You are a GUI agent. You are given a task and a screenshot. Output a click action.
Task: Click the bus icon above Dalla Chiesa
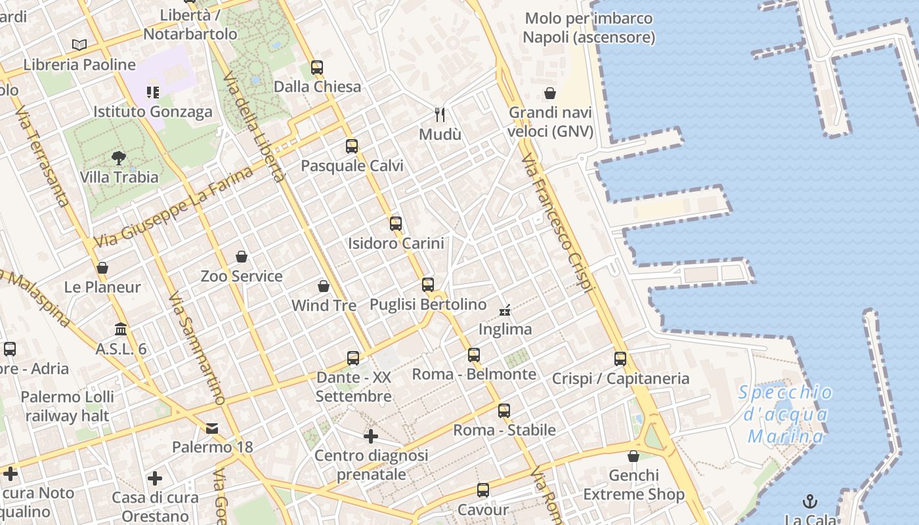tap(317, 67)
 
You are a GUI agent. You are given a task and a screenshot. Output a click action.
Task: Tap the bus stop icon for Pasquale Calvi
tap(352, 146)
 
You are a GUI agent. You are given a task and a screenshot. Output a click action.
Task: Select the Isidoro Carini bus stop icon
tap(395, 223)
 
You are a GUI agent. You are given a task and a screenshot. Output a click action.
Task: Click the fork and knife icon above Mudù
tap(440, 114)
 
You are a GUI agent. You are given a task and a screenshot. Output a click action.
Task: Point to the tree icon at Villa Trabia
tap(119, 157)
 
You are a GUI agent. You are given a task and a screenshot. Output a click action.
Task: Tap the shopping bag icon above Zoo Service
tap(242, 256)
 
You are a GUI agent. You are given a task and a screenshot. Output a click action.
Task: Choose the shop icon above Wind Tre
tap(323, 286)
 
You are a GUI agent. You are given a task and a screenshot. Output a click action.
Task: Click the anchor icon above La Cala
tap(810, 501)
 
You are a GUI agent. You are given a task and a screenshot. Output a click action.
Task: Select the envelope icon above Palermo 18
tap(212, 429)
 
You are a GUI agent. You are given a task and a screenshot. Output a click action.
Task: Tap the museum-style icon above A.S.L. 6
tap(121, 329)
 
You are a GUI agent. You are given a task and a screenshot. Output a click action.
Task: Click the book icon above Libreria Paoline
tap(79, 45)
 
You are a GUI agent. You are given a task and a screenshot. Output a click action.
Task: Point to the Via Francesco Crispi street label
tap(558, 223)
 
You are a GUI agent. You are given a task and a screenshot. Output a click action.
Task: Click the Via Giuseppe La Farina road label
tap(173, 207)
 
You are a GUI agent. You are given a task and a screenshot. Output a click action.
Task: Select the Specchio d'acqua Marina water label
tap(785, 415)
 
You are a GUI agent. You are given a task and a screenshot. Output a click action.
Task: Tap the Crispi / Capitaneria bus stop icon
tap(620, 359)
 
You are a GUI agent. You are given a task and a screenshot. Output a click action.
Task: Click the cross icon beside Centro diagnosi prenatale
tap(371, 436)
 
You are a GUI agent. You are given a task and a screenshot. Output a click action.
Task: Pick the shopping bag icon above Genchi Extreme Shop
tap(633, 455)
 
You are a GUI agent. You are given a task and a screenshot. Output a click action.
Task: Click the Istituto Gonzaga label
tap(153, 112)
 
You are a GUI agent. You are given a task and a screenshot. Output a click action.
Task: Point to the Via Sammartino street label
tap(197, 348)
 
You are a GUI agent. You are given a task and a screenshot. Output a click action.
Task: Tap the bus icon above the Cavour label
tap(483, 490)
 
